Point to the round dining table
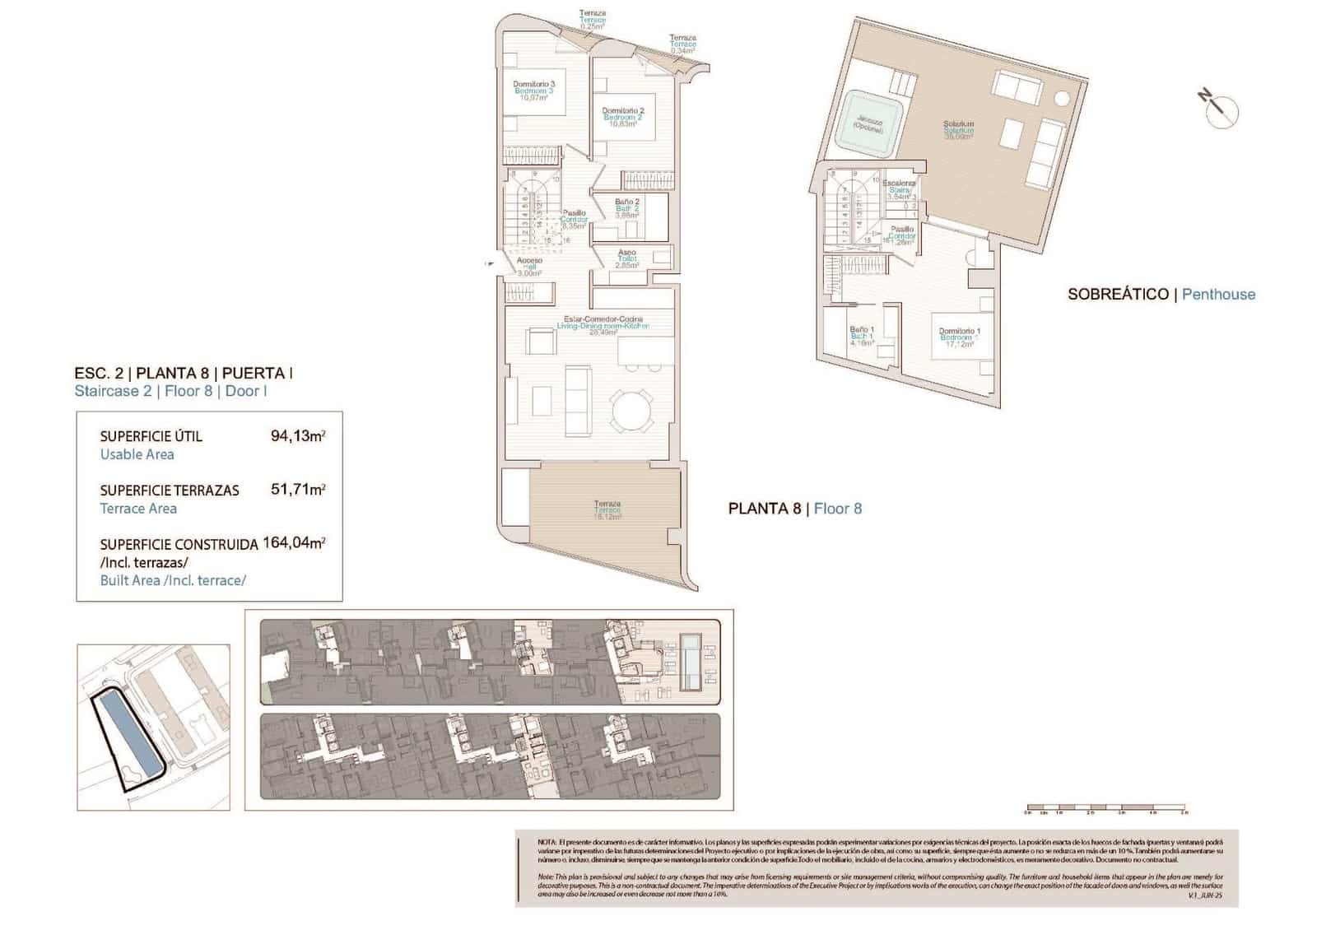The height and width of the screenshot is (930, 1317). point(631,410)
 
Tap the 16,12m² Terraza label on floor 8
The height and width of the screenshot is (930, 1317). point(607,510)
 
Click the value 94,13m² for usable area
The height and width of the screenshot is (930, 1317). point(297,436)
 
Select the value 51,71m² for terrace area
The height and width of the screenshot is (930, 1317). point(297,490)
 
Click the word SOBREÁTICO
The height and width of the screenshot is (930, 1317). point(1118,294)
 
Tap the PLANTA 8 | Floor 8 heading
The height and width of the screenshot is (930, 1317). point(794,509)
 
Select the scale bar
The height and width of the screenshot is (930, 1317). point(1105,810)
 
